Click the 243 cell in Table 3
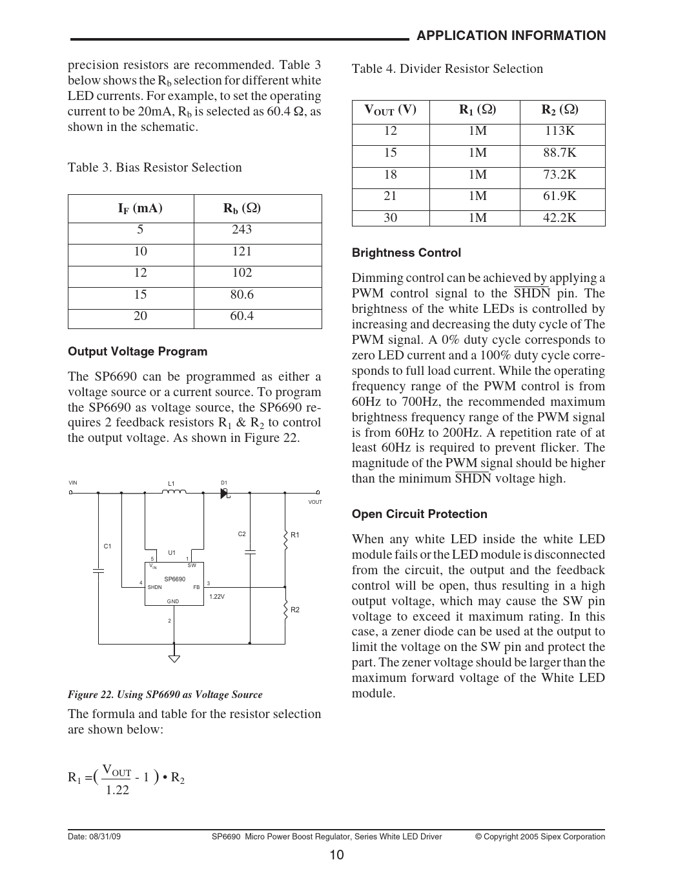click(x=241, y=230)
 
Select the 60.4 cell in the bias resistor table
click(x=241, y=316)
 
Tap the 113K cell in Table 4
click(x=559, y=131)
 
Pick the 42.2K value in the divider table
click(x=559, y=218)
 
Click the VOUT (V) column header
click(x=391, y=110)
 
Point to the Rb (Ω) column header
click(x=242, y=208)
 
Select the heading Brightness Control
click(x=406, y=253)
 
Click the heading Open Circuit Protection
click(x=419, y=514)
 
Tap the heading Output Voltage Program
click(x=138, y=352)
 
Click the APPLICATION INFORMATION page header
click(x=511, y=36)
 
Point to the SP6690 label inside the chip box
click(x=174, y=579)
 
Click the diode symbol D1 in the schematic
click(x=225, y=493)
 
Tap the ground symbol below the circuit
click(x=174, y=659)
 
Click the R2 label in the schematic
click(x=295, y=610)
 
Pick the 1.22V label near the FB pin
click(x=217, y=597)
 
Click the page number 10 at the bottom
click(x=336, y=856)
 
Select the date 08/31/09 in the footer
click(x=104, y=837)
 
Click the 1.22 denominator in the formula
click(x=117, y=790)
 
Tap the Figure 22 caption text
click(x=165, y=695)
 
